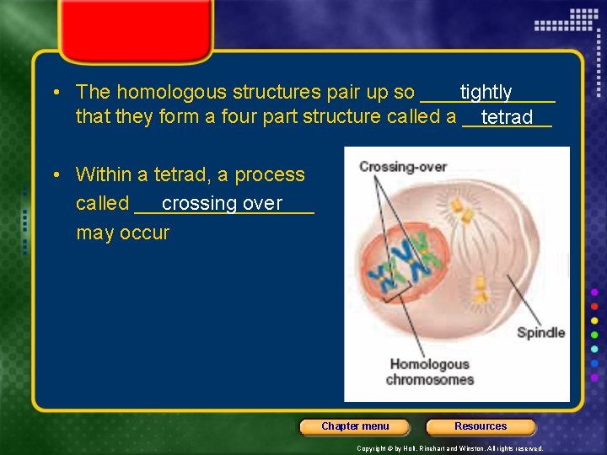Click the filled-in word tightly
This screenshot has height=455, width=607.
tap(486, 92)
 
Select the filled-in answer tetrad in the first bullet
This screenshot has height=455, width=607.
tap(507, 117)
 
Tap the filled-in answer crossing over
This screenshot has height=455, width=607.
tap(222, 203)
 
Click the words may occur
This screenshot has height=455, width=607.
tap(122, 233)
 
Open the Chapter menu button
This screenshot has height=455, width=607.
tap(355, 426)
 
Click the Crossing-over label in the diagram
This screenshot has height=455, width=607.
tap(402, 167)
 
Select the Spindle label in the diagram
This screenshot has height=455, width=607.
tap(540, 332)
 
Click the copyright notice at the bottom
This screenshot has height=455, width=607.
tap(450, 448)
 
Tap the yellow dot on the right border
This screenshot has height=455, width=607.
tap(594, 321)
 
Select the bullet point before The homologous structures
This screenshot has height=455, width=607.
tap(54, 92)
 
